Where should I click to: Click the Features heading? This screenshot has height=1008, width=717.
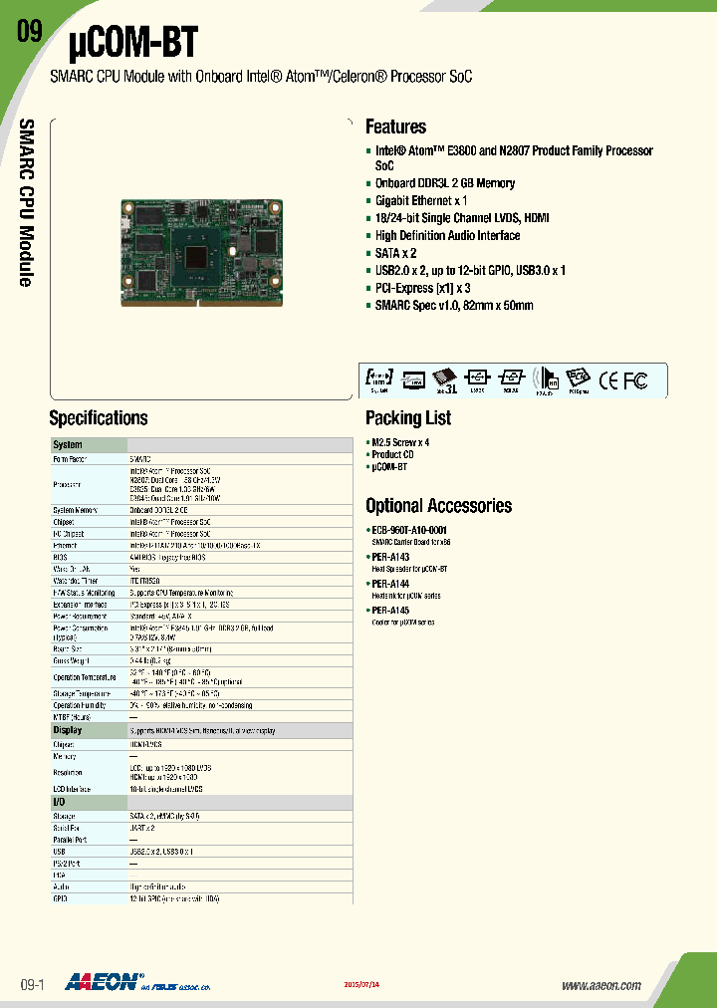point(395,126)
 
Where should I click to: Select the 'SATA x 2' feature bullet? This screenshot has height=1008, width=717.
point(396,253)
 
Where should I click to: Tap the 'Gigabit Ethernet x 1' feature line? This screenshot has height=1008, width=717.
point(421,200)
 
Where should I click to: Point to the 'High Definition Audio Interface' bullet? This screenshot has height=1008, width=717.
point(447,235)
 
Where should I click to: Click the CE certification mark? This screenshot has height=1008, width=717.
point(608,379)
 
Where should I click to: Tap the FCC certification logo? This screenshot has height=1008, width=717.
point(635,379)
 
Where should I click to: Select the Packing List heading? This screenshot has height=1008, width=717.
point(408,417)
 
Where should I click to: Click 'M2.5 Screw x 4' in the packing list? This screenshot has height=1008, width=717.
point(400,442)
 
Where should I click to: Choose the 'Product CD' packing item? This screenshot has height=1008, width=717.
point(393,454)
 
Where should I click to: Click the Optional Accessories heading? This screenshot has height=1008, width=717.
point(438,505)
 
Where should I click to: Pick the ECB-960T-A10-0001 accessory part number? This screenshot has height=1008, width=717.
point(409,530)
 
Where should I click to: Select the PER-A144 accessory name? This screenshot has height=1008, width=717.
point(390,583)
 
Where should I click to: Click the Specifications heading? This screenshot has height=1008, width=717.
point(99,417)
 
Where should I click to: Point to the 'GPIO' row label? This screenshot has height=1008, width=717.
point(62,898)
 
